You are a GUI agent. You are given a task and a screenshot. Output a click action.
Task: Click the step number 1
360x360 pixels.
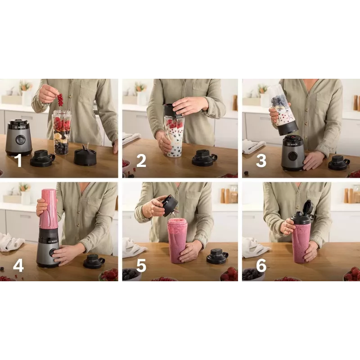pos(19,161)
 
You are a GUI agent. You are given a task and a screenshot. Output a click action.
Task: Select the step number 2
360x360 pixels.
pos(141,161)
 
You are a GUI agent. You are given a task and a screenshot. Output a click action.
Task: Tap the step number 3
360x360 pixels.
pos(261,161)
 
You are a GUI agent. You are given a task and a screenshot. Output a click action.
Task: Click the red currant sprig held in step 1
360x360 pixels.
pos(60,99)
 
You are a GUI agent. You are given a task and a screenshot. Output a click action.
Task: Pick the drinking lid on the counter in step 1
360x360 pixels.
pos(42,158)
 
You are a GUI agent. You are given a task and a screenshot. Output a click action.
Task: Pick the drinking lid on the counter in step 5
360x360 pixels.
pos(216,256)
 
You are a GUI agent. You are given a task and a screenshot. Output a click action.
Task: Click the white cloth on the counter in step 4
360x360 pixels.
pos(12,242)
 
